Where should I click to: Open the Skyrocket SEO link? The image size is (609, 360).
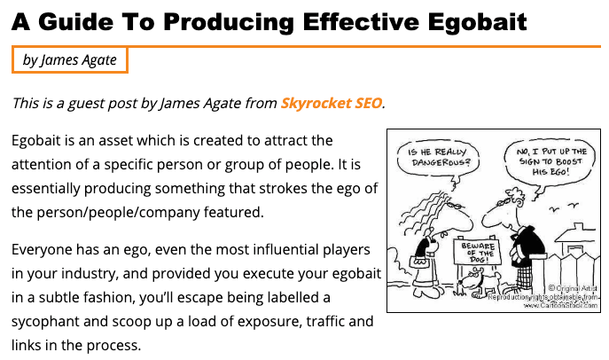pyautogui.click(x=332, y=104)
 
